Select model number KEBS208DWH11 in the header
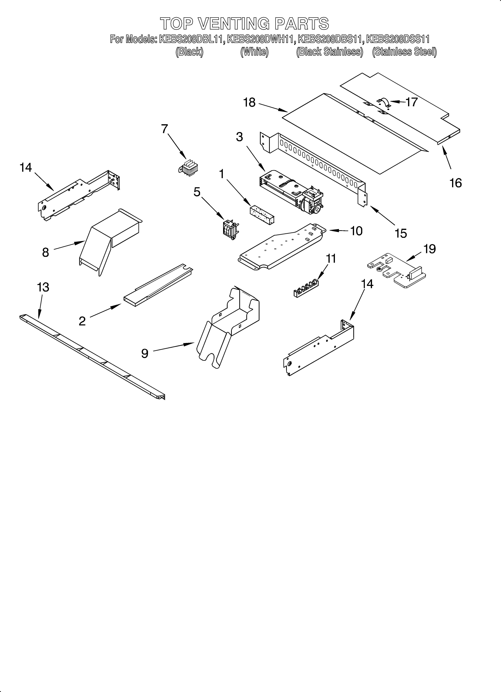pyautogui.click(x=261, y=39)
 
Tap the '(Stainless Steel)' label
pyautogui.click(x=404, y=52)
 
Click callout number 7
pyautogui.click(x=164, y=129)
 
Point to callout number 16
pyautogui.click(x=456, y=183)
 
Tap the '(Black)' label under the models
pyautogui.click(x=189, y=52)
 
